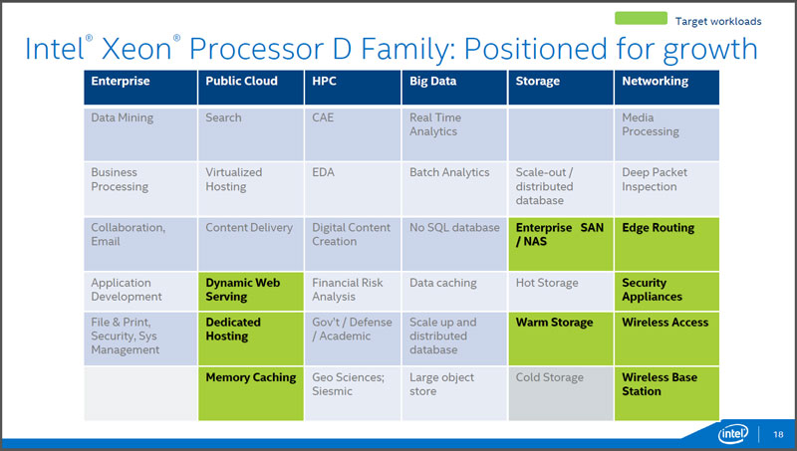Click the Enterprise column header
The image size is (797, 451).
140,88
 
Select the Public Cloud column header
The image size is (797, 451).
251,88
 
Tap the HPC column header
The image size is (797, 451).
353,88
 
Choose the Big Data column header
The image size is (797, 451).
454,88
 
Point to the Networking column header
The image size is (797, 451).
666,88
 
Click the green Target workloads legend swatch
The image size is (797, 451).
641,18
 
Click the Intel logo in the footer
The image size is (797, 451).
733,434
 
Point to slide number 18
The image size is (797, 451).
778,434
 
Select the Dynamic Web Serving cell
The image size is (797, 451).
251,292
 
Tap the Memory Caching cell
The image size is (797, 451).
251,393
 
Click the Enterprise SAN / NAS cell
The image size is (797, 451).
561,244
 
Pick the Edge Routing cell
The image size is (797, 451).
666,244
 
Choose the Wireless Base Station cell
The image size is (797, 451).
666,393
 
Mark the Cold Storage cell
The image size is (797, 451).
561,393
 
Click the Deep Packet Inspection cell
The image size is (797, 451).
666,189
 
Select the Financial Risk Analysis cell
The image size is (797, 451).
353,292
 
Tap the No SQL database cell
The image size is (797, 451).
454,244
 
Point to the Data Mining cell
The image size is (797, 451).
140,134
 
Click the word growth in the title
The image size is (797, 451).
710,50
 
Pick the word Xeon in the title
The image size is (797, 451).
137,49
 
